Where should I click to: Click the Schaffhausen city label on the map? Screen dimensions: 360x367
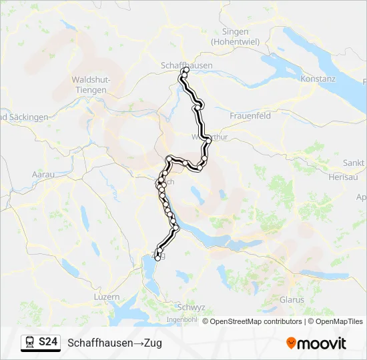(x=187, y=65)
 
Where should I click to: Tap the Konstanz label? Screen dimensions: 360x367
(x=318, y=79)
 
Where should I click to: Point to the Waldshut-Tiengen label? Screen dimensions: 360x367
(x=90, y=85)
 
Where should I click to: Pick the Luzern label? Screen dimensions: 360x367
(x=106, y=297)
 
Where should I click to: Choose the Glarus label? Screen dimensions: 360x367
(x=292, y=299)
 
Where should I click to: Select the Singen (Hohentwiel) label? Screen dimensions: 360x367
(x=230, y=36)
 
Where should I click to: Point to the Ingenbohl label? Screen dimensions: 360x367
(x=182, y=320)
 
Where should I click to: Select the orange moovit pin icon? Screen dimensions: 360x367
(x=291, y=343)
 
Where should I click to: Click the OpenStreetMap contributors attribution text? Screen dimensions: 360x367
(x=252, y=321)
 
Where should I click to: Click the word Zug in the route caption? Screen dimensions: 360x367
(x=152, y=343)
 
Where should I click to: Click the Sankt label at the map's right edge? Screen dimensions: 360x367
(x=354, y=163)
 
